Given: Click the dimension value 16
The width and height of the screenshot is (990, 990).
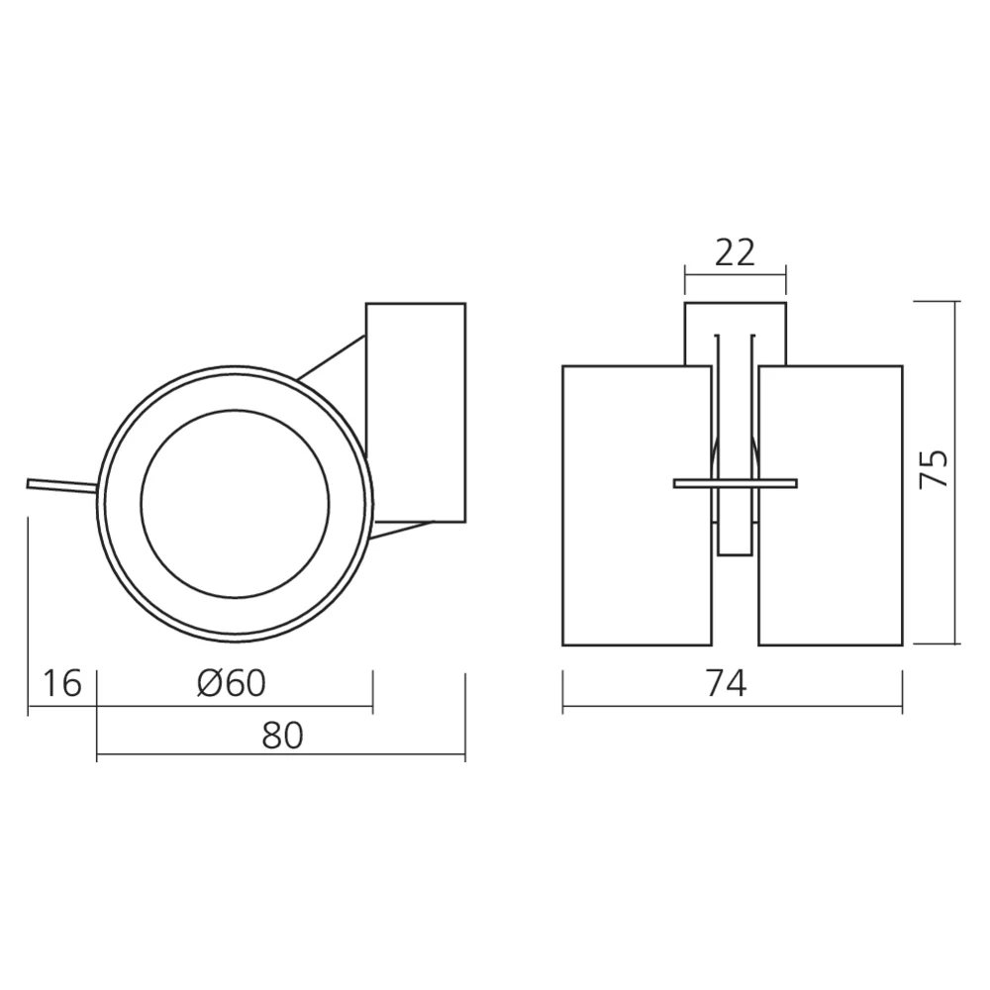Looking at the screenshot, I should pos(62,683).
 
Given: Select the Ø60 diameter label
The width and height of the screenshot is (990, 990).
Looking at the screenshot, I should pos(232,683).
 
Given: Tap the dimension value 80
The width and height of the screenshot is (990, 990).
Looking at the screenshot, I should pos(282,735).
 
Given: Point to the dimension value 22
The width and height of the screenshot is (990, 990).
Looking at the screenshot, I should pos(735,253).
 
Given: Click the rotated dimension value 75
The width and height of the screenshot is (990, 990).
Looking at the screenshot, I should pos(934,468).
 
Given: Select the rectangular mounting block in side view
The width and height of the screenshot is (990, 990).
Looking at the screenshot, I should pos(416,411).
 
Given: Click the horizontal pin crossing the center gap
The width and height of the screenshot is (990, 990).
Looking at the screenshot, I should pos(735,484).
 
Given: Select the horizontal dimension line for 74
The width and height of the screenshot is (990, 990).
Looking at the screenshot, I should pos(733,710).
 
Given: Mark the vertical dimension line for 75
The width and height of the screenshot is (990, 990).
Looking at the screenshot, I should pos(956,473).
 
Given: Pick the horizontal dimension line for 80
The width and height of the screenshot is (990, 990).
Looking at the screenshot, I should pos(280,758).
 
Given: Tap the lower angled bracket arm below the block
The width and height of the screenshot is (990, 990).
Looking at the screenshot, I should pos(401,529).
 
